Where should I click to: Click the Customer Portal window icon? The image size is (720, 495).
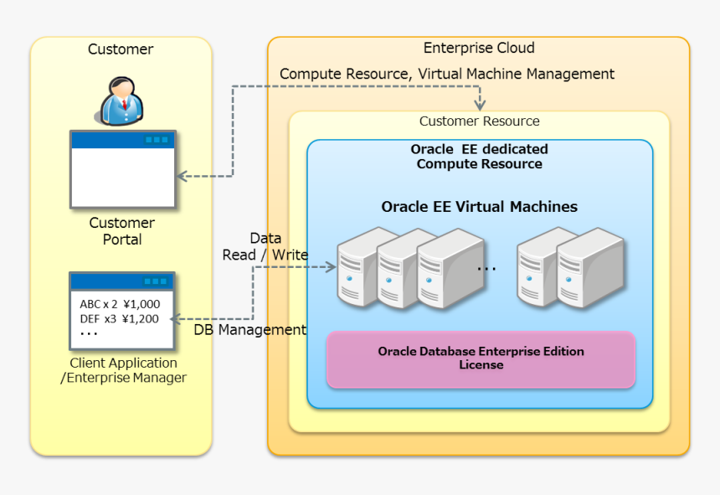pos(123,169)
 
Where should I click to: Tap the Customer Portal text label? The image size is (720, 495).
pos(122,231)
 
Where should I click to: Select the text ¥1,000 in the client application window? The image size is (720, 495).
pos(141,305)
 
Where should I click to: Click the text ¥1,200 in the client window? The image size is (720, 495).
pos(141,318)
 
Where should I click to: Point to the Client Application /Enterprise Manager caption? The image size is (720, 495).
pos(123,370)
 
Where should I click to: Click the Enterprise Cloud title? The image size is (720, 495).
pos(479,48)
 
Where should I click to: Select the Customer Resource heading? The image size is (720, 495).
pos(479,121)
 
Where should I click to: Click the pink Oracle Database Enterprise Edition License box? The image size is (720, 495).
pos(481,358)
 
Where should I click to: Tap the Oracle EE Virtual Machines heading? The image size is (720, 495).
pos(479,207)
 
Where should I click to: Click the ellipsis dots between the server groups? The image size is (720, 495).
pos(486,268)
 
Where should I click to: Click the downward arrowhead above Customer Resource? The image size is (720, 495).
pos(480,105)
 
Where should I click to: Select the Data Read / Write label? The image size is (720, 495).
pos(265,246)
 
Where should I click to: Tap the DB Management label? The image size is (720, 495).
pos(250,330)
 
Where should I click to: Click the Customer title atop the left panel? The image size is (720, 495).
pos(121,49)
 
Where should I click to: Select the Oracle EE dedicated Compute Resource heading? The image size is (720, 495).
pos(479,157)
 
